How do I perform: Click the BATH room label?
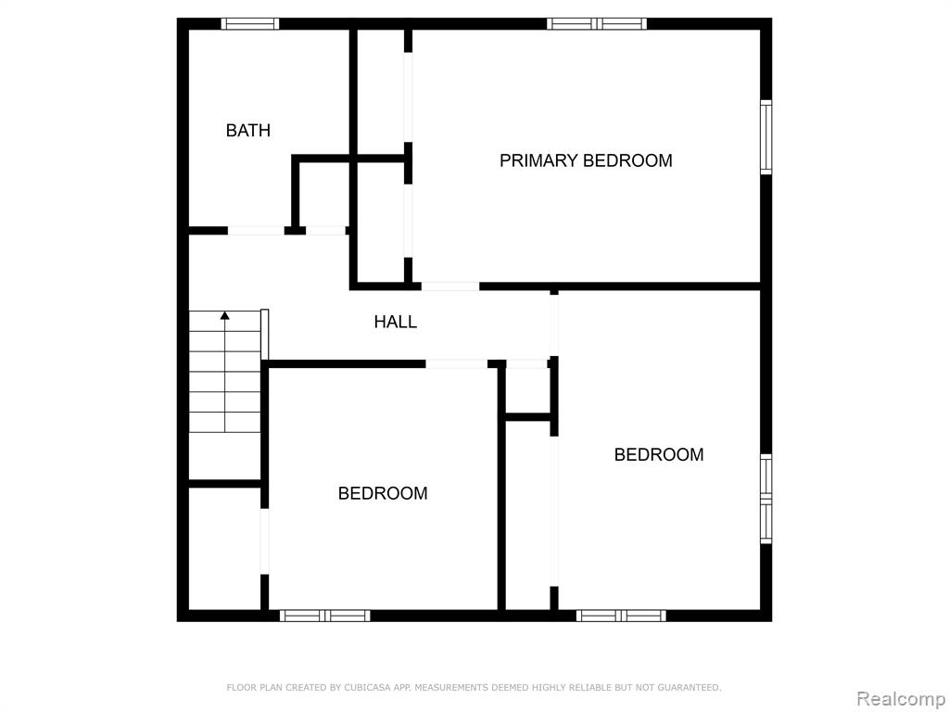pyautogui.click(x=247, y=130)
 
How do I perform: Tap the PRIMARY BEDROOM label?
pyautogui.click(x=586, y=160)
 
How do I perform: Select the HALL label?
pyautogui.click(x=395, y=322)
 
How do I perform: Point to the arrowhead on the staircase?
pyautogui.click(x=225, y=315)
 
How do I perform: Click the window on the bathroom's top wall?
pyautogui.click(x=249, y=23)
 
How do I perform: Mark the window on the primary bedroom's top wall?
pyautogui.click(x=597, y=23)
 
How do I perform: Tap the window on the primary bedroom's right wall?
pyautogui.click(x=766, y=137)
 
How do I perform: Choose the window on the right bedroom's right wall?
pyautogui.click(x=766, y=499)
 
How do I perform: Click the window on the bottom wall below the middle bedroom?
pyautogui.click(x=324, y=616)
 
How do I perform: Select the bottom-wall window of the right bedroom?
pyautogui.click(x=621, y=616)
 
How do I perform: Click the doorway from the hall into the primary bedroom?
pyautogui.click(x=450, y=286)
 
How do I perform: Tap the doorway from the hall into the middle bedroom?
pyautogui.click(x=456, y=363)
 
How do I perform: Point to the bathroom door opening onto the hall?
pyautogui.click(x=256, y=231)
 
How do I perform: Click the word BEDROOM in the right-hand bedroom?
pyautogui.click(x=659, y=454)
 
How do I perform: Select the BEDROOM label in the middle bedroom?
pyautogui.click(x=383, y=493)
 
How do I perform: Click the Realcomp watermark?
pyautogui.click(x=901, y=698)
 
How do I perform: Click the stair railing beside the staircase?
pyautogui.click(x=264, y=335)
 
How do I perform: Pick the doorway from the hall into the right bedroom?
pyautogui.click(x=554, y=325)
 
